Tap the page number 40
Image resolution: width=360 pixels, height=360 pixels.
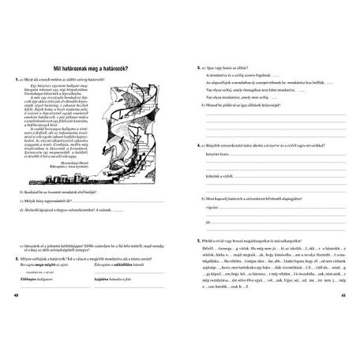tap(17, 318)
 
